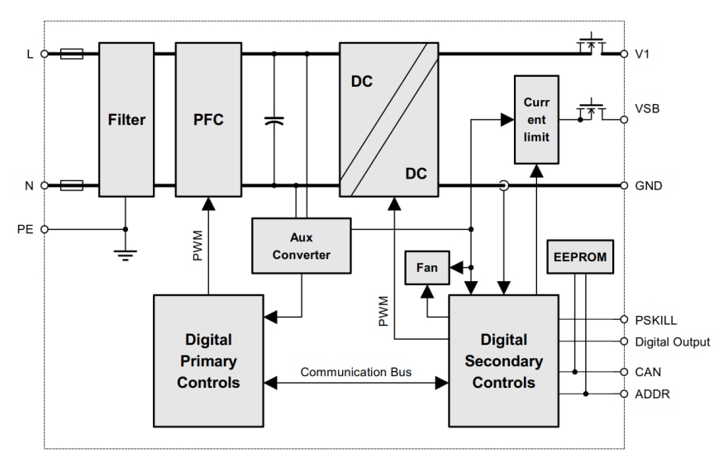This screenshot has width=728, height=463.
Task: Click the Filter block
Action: tap(126, 121)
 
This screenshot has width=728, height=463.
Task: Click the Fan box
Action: tap(426, 267)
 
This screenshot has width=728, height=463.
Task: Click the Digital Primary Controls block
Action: tap(208, 361)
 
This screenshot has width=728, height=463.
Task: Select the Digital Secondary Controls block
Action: tap(504, 361)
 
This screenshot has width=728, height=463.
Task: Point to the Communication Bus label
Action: tap(354, 372)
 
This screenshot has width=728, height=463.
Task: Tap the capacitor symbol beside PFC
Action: tap(274, 121)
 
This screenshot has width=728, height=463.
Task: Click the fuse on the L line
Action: tap(73, 55)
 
